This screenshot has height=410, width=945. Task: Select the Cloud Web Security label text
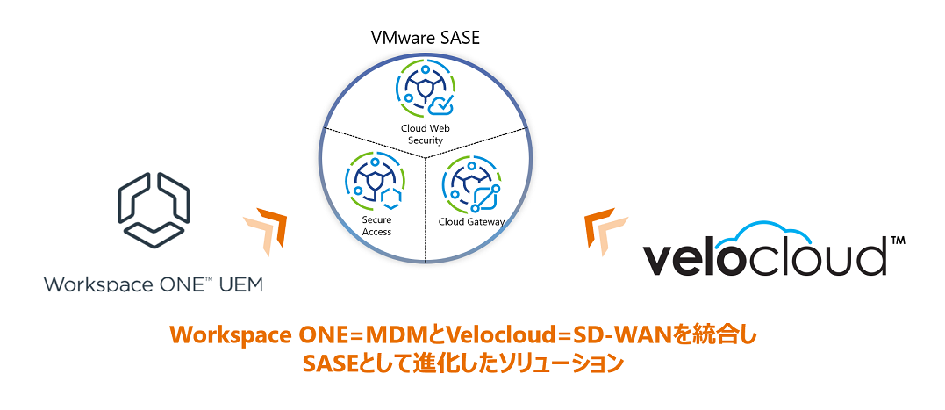coord(426,134)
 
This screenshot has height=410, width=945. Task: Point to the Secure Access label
coord(376,227)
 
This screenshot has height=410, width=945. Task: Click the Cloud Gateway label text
coord(471,222)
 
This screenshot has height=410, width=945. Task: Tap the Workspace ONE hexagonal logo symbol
coord(154,205)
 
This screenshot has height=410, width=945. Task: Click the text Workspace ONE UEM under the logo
coord(154,284)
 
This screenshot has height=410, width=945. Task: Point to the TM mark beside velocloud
coord(898,240)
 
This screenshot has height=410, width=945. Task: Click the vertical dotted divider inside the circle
coord(426,211)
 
